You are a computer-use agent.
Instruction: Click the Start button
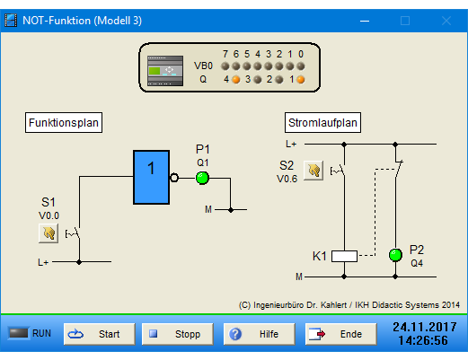tap(100, 334)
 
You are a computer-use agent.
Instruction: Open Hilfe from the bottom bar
tap(260, 334)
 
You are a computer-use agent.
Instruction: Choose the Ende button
tap(341, 334)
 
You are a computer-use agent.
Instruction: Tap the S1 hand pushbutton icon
tap(49, 233)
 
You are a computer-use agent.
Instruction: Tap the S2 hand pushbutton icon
tap(313, 171)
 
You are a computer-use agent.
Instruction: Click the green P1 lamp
tap(202, 178)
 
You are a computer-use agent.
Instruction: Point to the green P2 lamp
tap(395, 255)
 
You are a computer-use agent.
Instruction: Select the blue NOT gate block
tap(152, 178)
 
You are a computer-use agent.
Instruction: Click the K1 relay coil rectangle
tap(344, 256)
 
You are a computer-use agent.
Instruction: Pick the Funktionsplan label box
tap(64, 123)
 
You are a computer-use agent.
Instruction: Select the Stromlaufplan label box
tap(322, 123)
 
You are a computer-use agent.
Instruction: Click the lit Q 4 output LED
tap(236, 80)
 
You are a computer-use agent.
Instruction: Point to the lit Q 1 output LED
tap(301, 80)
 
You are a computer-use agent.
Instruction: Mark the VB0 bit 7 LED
tap(225, 66)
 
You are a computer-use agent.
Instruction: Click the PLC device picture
tap(165, 71)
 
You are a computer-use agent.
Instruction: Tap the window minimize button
tap(365, 21)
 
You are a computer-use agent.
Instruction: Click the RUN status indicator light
tap(19, 333)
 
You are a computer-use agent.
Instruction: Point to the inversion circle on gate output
tap(174, 178)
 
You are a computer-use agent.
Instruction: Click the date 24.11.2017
tap(425, 327)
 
